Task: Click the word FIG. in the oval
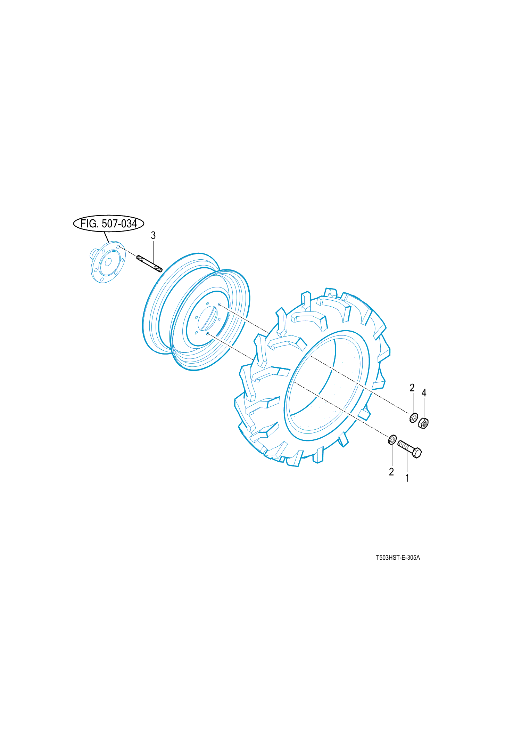(x=89, y=224)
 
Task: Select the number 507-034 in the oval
(x=119, y=224)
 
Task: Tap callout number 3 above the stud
(x=153, y=235)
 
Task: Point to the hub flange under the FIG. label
(x=107, y=262)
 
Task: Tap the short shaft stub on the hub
(x=93, y=253)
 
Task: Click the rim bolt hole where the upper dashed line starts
(x=219, y=305)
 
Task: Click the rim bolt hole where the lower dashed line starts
(x=208, y=334)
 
